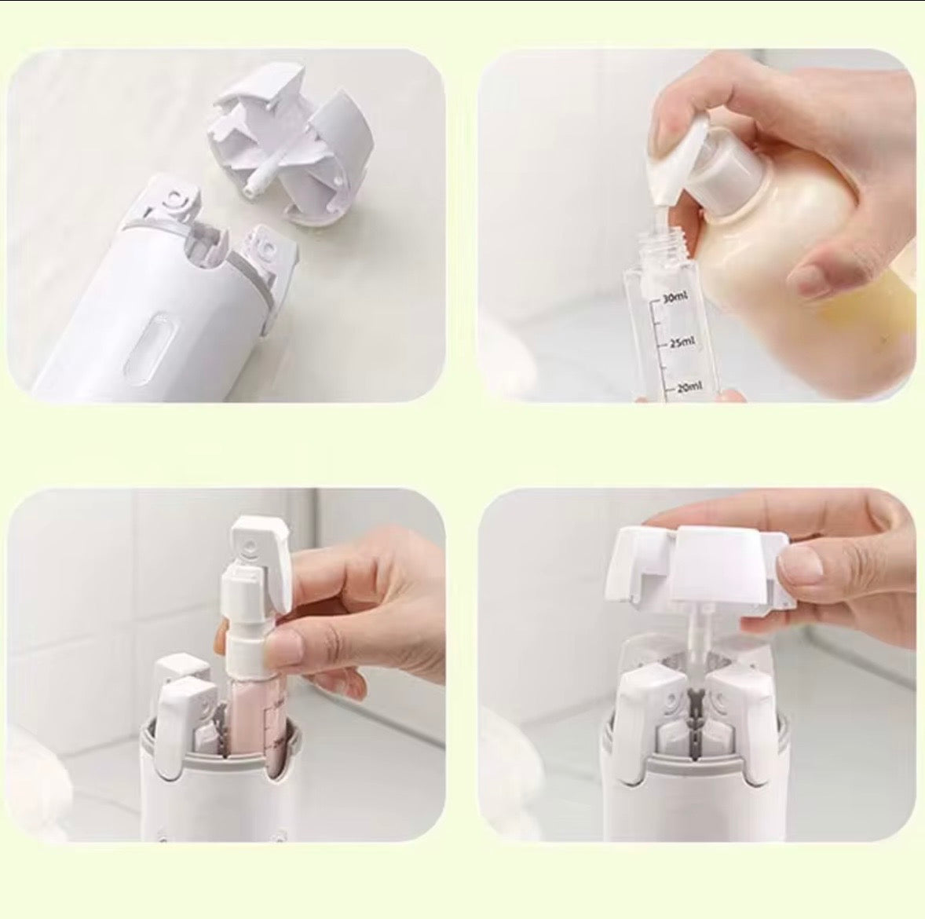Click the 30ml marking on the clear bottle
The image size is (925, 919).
pos(675,297)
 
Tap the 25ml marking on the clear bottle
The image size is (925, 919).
pos(682,342)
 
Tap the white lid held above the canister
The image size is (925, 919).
pos(699,566)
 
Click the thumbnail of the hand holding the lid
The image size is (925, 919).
pos(799,561)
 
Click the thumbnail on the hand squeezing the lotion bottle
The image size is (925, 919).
pos(814,279)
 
